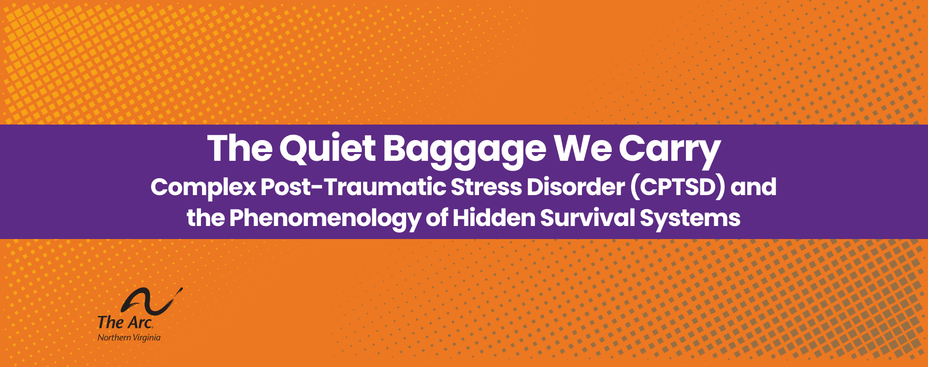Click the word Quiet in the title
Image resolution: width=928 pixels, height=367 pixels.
327,148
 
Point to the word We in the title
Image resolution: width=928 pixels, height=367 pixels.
583,148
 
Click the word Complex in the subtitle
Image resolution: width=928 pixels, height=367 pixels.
203,187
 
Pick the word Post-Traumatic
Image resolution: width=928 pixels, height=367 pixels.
353,187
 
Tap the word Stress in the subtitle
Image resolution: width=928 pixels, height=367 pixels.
486,187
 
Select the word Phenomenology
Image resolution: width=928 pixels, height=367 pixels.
325,218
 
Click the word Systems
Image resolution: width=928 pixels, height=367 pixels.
690,218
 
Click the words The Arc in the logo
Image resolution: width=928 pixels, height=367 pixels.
125,322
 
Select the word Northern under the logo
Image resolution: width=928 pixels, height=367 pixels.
114,338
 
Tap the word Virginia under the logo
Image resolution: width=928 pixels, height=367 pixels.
146,338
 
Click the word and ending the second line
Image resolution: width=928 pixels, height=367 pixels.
754,187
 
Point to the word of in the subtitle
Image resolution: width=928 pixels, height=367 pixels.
436,218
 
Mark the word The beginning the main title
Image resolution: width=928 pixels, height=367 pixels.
240,148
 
